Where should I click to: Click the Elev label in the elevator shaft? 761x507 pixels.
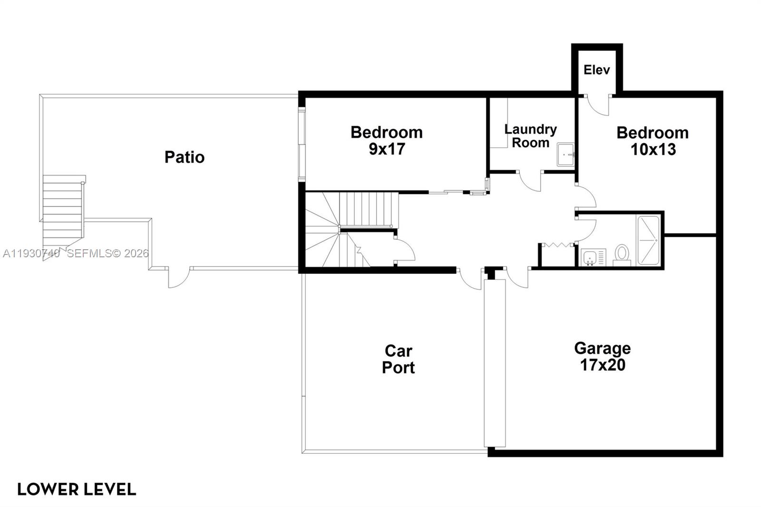596,70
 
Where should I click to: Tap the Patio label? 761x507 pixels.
185,157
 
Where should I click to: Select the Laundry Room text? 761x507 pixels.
530,136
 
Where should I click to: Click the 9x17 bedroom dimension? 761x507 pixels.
387,149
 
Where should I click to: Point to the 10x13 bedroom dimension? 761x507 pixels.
653,150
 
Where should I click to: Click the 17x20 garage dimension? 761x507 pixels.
602,365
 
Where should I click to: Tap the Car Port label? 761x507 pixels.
399,359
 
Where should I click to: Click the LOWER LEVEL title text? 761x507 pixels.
77,489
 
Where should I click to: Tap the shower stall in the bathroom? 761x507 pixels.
648,240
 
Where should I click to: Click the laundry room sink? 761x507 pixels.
566,154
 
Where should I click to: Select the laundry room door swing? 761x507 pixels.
529,181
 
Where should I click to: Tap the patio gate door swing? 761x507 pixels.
179,278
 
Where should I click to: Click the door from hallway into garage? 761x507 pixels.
517,278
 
